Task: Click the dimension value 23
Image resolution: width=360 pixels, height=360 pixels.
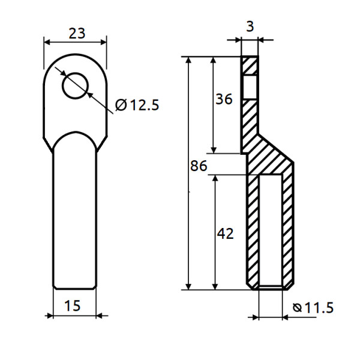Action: pos(77,33)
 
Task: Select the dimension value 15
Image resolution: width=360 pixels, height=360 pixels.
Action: pos(73,305)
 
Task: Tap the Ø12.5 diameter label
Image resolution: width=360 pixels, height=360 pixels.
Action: pos(137,105)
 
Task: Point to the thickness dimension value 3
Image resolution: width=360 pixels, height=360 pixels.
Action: pos(250,26)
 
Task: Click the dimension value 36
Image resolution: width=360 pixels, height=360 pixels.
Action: pos(224,99)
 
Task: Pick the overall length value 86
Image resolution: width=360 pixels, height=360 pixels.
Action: pos(199,166)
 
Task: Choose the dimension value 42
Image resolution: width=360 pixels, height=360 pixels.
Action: pos(225,234)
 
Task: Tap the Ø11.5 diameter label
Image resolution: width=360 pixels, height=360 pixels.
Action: pos(313,308)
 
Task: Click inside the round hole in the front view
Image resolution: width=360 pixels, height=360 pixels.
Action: pos(76,86)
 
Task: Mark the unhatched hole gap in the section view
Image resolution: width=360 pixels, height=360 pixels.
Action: pos(250,88)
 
